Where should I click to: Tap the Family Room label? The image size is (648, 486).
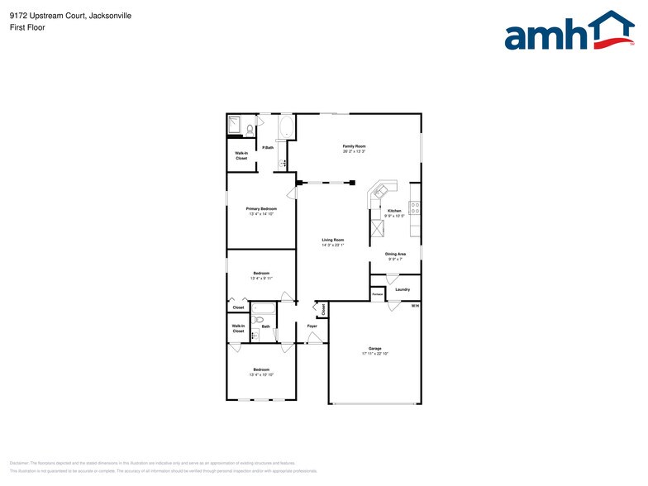[355, 146]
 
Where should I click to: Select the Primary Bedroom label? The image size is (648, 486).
[261, 209]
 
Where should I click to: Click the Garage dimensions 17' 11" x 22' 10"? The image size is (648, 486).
[374, 353]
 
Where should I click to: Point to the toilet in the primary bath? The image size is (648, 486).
[249, 128]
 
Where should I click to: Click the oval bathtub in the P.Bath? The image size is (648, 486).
[286, 127]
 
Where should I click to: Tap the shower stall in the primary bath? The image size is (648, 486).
[235, 126]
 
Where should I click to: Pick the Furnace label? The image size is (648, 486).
[377, 295]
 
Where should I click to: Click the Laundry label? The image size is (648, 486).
[403, 289]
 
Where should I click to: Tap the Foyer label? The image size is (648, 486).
[312, 326]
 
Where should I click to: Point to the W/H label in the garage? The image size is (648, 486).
[416, 306]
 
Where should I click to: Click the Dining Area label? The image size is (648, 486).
[395, 254]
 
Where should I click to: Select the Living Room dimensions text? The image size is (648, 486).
[332, 245]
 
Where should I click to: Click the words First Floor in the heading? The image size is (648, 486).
[27, 27]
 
